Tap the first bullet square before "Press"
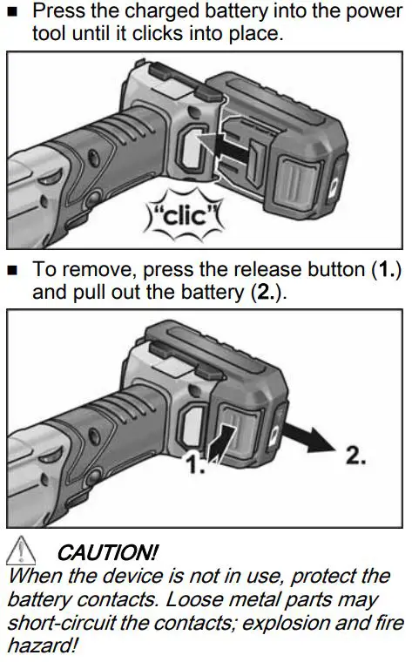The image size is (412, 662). [12, 13]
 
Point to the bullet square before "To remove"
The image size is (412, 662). [12, 271]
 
